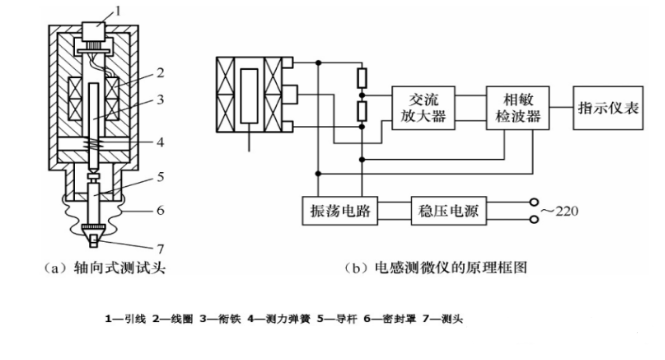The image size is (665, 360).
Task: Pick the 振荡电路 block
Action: tap(337, 212)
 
